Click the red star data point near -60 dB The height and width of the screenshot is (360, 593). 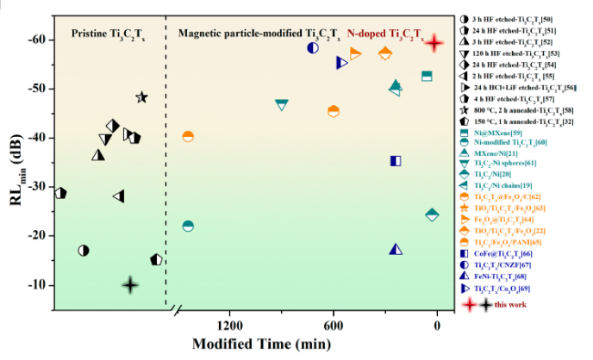pyautogui.click(x=436, y=42)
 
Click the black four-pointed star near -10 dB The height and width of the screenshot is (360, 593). pyautogui.click(x=130, y=284)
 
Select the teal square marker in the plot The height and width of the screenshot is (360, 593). pyautogui.click(x=426, y=76)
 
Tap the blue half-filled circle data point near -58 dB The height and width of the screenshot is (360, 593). pyautogui.click(x=313, y=47)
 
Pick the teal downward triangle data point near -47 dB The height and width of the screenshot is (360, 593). pyautogui.click(x=281, y=104)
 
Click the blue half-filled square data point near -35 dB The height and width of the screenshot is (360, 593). pyautogui.click(x=396, y=161)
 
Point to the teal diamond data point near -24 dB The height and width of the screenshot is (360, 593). pyautogui.click(x=432, y=214)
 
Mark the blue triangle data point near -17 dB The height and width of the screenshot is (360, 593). pyautogui.click(x=396, y=249)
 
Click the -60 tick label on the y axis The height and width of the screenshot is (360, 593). pyautogui.click(x=37, y=40)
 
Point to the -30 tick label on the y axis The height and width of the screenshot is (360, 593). pyautogui.click(x=37, y=187)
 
